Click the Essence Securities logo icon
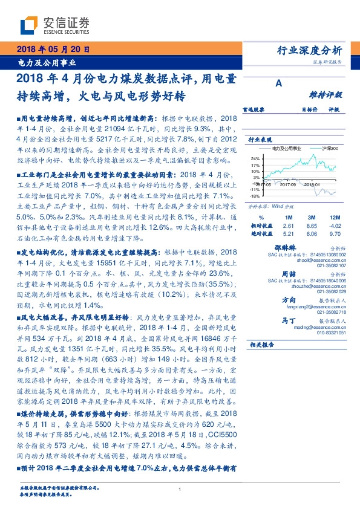click(x=30, y=25)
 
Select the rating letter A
click(x=279, y=84)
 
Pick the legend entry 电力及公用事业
click(x=285, y=148)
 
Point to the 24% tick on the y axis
click(x=255, y=158)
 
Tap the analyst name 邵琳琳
click(x=301, y=248)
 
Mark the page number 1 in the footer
click(x=180, y=490)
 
